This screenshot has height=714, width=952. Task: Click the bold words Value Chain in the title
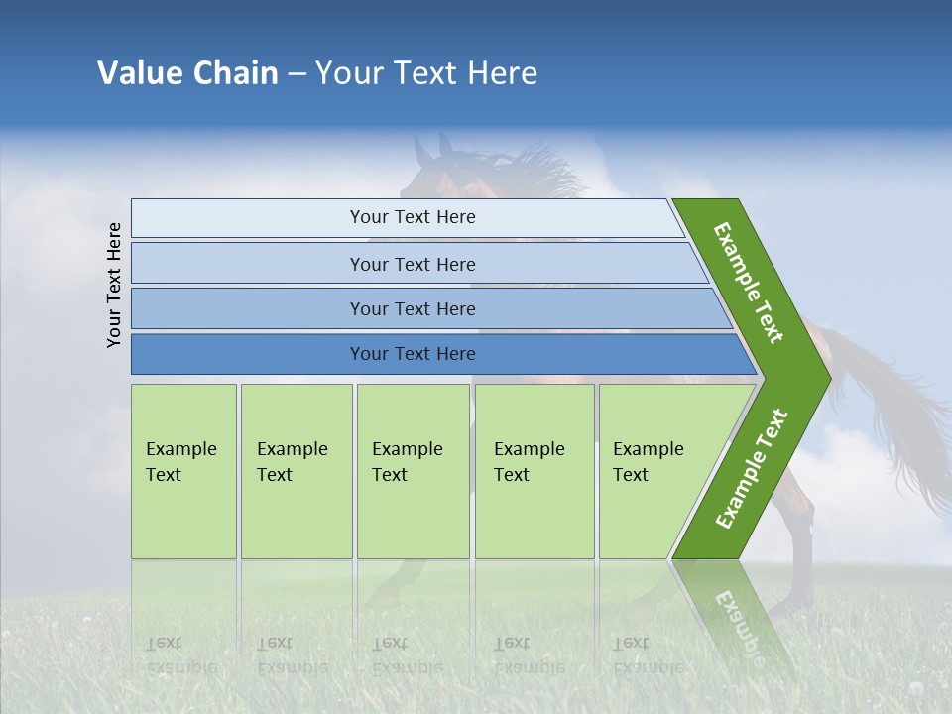tap(187, 73)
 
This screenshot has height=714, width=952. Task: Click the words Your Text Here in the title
tap(426, 73)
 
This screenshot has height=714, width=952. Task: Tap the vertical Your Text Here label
tap(114, 285)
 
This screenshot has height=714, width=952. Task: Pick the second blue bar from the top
tap(412, 264)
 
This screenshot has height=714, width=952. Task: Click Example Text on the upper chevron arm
tap(749, 283)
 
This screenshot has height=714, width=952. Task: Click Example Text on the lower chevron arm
tap(752, 468)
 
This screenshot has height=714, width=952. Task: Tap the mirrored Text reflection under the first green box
tap(164, 643)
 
